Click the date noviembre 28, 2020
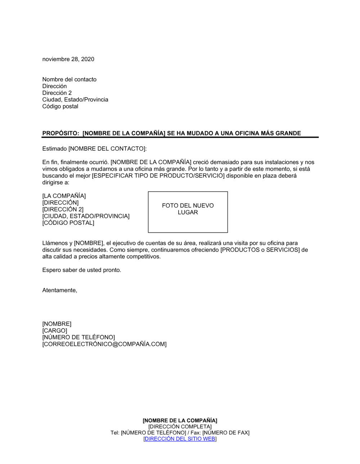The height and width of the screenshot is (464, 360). [68, 59]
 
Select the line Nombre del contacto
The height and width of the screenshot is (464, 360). [69, 79]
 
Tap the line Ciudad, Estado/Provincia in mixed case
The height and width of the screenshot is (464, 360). [75, 100]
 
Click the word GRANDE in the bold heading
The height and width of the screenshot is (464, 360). [288, 133]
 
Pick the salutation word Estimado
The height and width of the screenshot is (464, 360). [54, 149]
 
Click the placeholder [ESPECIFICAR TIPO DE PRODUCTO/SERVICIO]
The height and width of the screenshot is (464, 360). [158, 176]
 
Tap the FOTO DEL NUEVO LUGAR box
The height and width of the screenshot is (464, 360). [188, 212]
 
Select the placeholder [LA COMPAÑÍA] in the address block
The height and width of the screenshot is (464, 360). [64, 196]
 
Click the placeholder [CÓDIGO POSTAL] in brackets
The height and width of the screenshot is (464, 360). [68, 223]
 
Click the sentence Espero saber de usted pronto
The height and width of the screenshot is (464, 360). [81, 270]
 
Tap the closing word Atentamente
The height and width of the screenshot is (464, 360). [59, 290]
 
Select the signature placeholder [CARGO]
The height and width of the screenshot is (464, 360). [54, 331]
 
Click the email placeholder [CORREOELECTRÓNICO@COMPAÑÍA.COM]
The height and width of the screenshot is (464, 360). [104, 344]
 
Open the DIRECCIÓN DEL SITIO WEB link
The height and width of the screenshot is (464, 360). [180, 439]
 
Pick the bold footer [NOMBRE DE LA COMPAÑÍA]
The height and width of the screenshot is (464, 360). [180, 420]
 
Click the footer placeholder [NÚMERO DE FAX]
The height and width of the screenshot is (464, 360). [226, 433]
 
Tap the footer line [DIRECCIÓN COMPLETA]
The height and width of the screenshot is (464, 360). [180, 427]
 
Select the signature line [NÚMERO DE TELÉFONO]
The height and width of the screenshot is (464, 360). [78, 337]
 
